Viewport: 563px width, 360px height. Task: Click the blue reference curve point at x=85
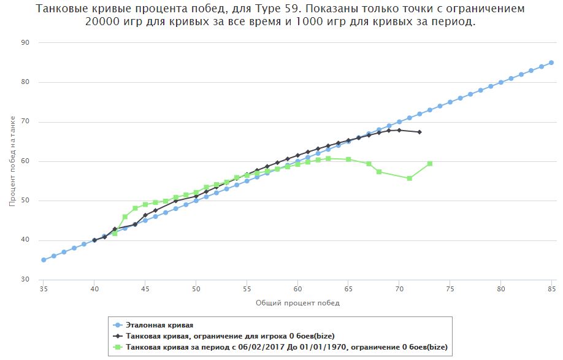coord(551,63)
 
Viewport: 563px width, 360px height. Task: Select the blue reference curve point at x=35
coord(44,260)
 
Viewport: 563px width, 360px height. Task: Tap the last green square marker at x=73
coord(430,164)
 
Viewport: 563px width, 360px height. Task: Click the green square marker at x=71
coord(410,178)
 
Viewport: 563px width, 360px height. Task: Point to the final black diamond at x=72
coord(419,132)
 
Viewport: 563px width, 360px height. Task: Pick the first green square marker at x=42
coord(115,234)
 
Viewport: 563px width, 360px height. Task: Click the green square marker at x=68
coord(379,172)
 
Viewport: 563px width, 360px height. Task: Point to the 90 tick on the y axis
coord(25,43)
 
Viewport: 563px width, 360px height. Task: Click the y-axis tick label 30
coord(25,280)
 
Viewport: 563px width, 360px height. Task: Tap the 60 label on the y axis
coord(25,161)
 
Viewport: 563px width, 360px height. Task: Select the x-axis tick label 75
coord(450,288)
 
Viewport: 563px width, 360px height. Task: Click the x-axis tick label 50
coord(196,288)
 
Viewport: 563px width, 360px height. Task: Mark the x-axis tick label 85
coord(551,288)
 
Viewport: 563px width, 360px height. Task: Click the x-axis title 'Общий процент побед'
coord(297,303)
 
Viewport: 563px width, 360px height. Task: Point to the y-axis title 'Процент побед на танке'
coord(12,161)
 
